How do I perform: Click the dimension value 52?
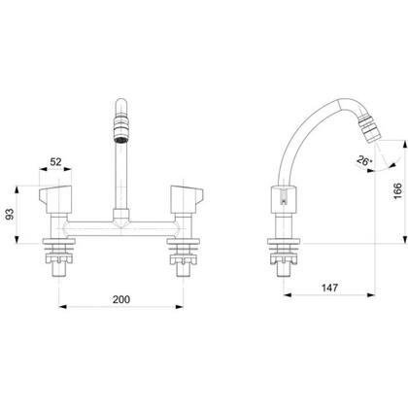55,161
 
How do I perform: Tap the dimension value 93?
11,215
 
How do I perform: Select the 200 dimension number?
121,299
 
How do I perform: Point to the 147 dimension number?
329,288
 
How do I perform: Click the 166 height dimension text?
397,191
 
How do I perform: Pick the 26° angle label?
364,161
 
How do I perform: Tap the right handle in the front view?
187,199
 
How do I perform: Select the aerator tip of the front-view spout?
121,131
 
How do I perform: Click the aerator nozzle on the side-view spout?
372,131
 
